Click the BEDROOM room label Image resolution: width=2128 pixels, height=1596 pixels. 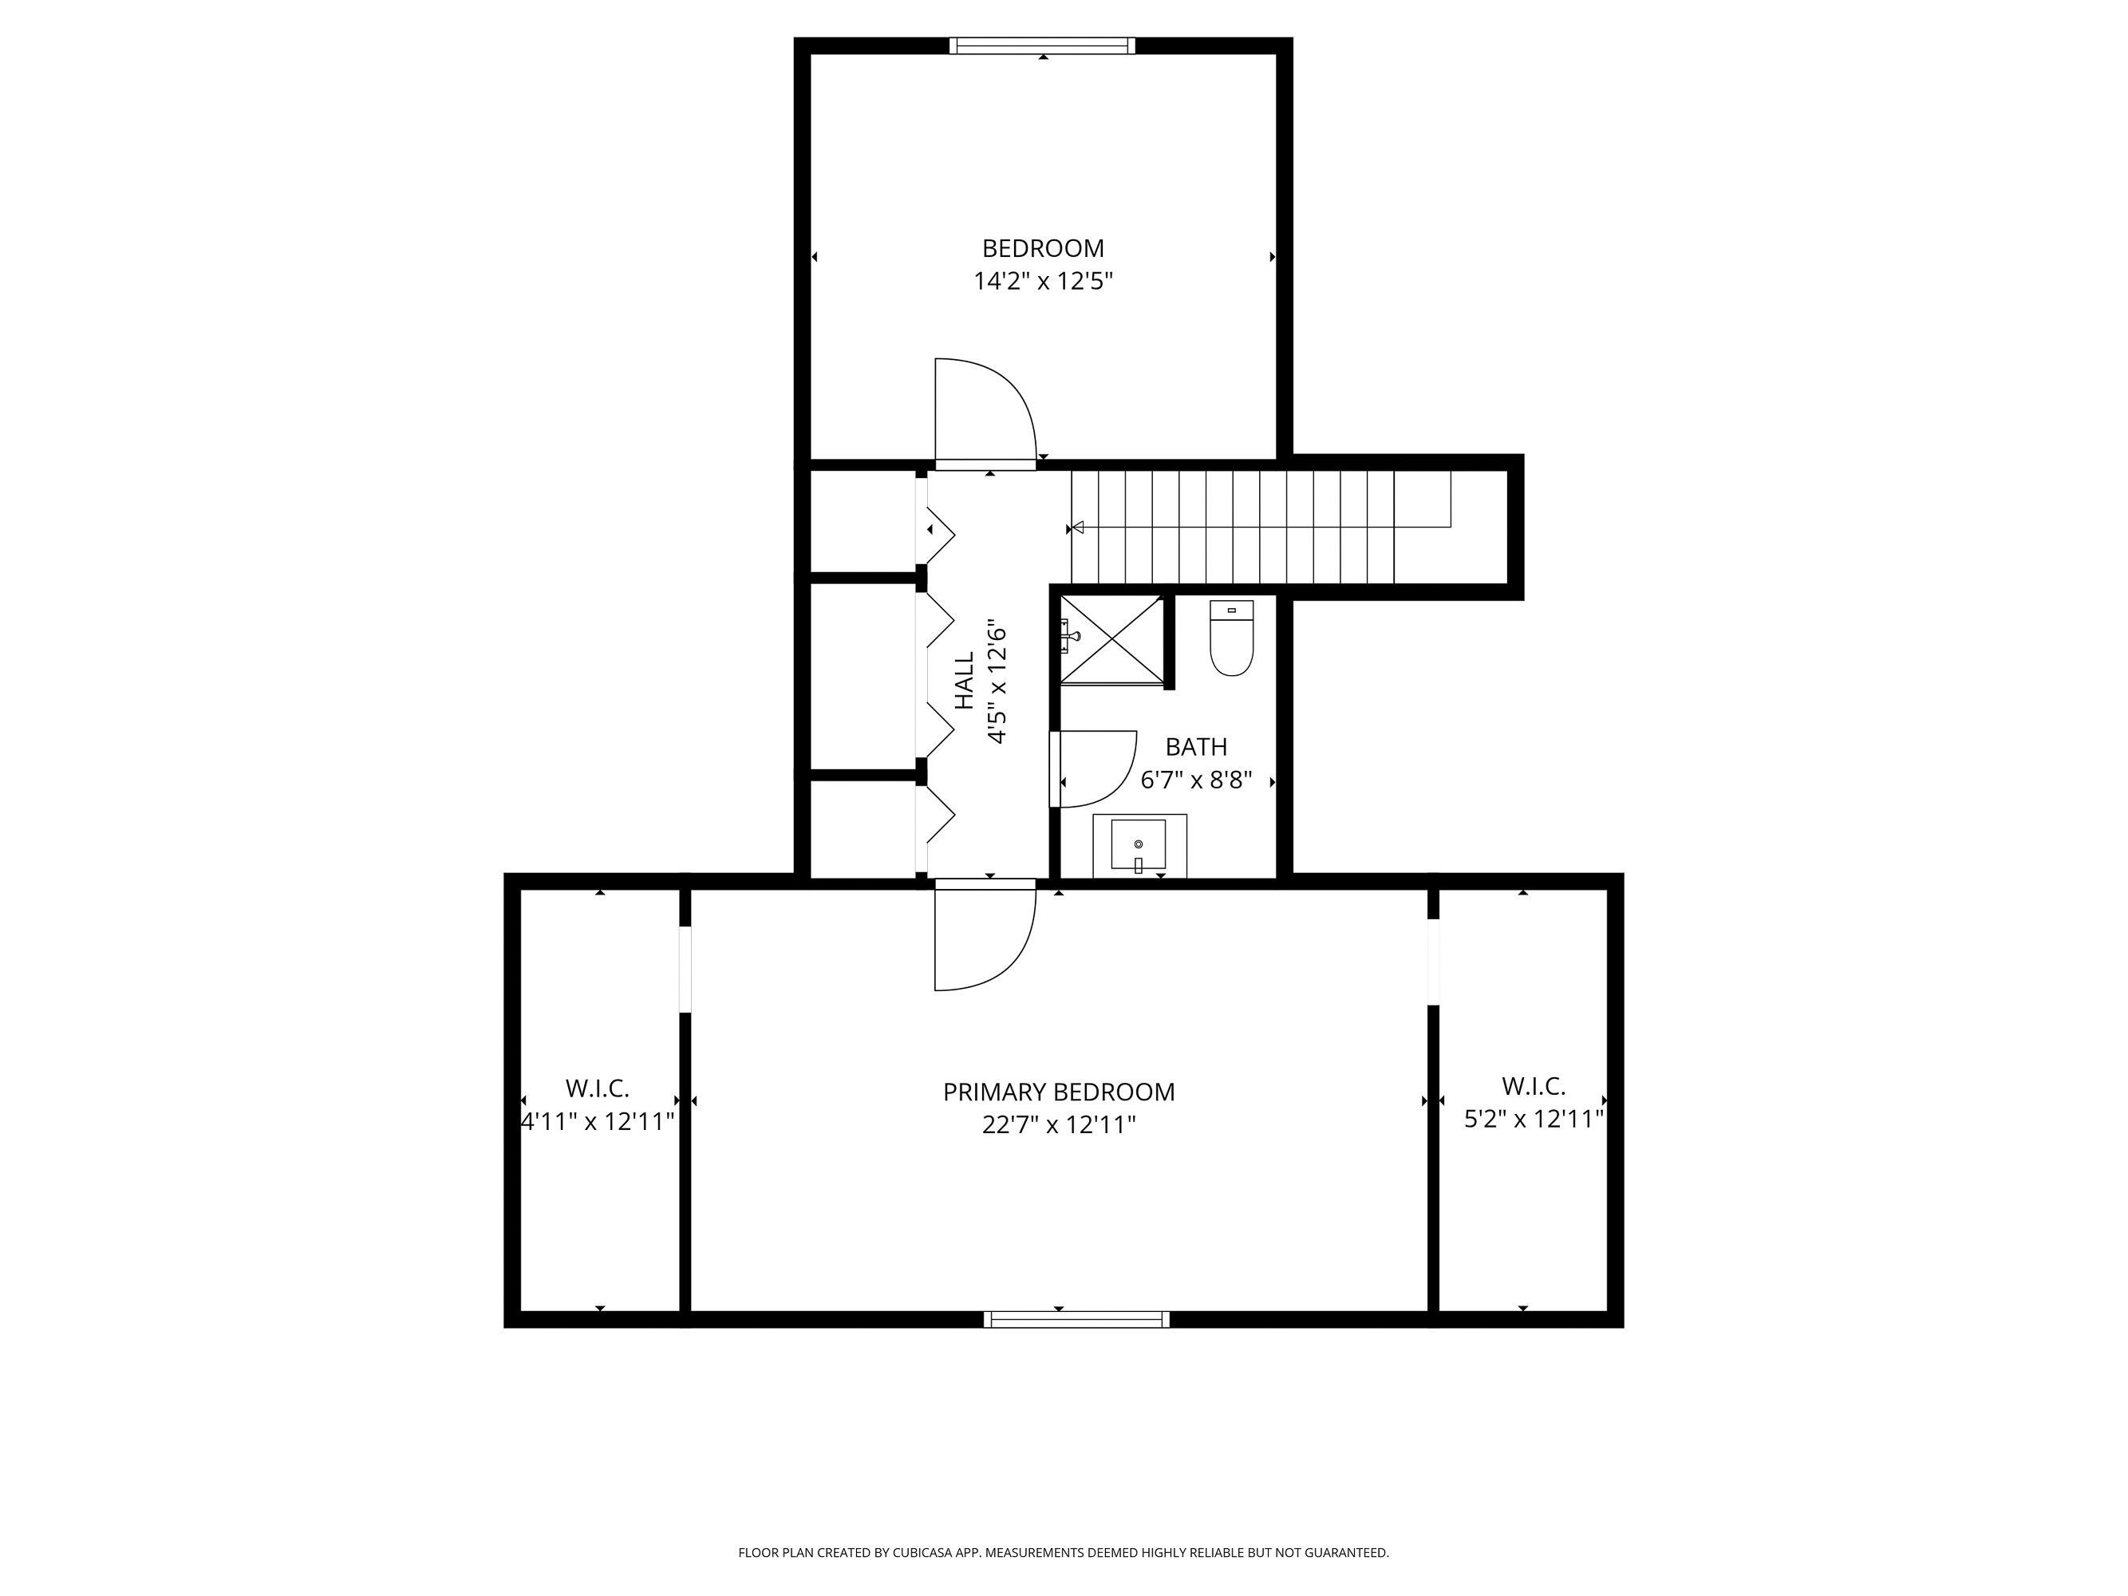[1043, 248]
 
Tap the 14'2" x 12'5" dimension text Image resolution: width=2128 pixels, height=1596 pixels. [1043, 282]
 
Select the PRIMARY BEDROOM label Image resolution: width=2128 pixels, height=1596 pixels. [1058, 1092]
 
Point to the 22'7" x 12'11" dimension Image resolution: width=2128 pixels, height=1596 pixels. [1058, 1124]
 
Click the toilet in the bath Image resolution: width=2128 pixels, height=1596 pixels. [1231, 638]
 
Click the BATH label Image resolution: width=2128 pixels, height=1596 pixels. [1196, 747]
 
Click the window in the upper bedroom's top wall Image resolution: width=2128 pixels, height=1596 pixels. [1042, 45]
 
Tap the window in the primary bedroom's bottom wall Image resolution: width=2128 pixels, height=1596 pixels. [1076, 1319]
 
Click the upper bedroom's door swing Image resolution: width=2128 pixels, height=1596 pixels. [981, 409]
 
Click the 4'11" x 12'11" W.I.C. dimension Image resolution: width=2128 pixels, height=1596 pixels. [598, 1122]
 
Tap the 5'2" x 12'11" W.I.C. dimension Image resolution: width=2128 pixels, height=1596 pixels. [1534, 1119]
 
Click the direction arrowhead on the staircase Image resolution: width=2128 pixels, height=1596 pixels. [1080, 527]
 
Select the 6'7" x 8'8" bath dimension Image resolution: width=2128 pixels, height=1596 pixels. [1196, 780]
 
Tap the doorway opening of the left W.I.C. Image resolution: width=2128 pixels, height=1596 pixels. [685, 969]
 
